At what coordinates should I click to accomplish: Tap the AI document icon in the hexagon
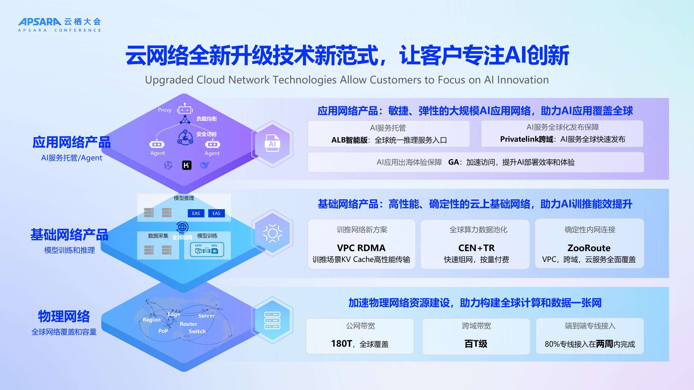point(272,143)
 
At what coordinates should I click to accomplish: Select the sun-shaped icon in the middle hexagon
point(272,233)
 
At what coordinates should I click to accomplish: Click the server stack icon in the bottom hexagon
point(272,320)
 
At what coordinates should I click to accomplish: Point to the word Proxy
point(165,110)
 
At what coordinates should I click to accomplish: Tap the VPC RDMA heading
point(361,248)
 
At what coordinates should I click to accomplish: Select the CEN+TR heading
point(476,248)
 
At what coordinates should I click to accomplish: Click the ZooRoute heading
point(589,248)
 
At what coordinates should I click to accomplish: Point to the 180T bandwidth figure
point(341,343)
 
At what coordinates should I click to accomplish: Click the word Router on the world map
point(188,324)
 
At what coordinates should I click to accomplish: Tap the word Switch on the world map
point(197,331)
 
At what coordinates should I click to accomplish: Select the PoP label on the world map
point(163,331)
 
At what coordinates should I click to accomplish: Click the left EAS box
point(196,213)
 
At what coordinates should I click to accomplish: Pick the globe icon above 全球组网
point(182,227)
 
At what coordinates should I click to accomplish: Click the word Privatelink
point(519,139)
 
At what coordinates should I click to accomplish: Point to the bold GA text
point(453,162)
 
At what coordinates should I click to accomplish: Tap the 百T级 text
point(476,344)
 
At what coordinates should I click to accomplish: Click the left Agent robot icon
point(157,144)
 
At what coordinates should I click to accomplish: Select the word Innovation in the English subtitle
point(523,80)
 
